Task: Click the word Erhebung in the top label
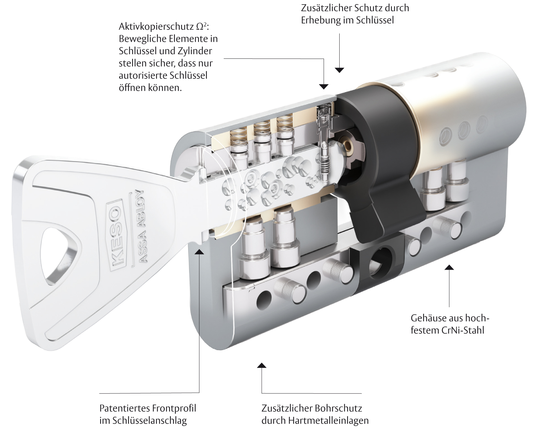point(322,20)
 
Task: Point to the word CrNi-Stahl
point(463,330)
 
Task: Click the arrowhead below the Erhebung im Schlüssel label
point(340,70)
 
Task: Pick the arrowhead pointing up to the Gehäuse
point(449,267)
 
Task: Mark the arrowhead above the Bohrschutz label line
point(261,365)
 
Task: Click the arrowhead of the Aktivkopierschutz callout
point(324,87)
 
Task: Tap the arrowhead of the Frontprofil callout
point(199,251)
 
